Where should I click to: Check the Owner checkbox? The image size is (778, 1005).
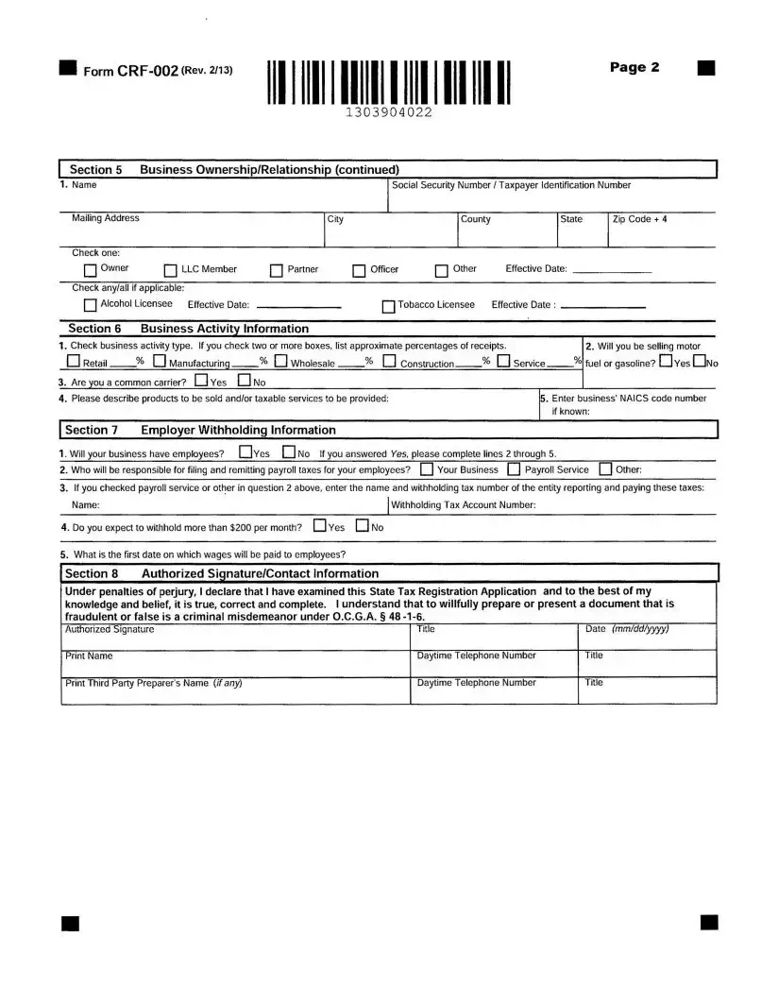91,270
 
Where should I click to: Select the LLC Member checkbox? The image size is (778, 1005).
171,271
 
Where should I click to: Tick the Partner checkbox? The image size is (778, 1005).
277,271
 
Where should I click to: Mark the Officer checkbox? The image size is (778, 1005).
359,271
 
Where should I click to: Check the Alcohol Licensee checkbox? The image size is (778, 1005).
90,305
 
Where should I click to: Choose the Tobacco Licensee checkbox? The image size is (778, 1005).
388,306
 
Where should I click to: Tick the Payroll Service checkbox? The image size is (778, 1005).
514,469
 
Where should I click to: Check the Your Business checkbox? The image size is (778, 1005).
427,469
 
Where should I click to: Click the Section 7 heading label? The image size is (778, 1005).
92,430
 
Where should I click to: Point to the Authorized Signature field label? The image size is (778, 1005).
109,629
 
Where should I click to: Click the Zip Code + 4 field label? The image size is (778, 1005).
639,219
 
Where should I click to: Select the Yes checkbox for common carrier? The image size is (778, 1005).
200,382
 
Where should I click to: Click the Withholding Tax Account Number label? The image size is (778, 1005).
464,505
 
